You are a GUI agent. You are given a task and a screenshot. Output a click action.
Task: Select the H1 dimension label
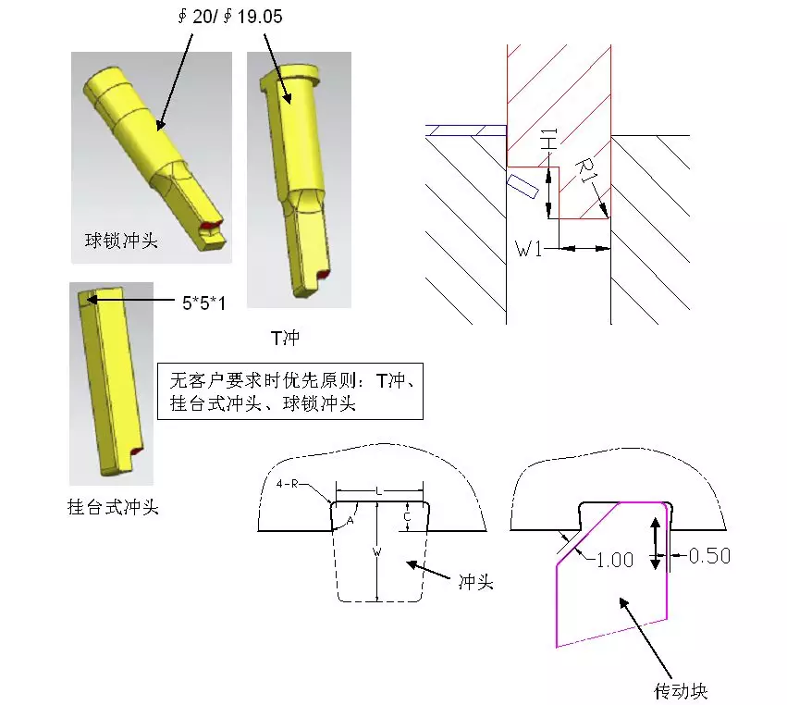pos(547,142)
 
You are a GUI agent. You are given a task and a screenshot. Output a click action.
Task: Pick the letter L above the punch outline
pos(379,489)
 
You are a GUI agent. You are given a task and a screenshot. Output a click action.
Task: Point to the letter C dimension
pos(408,517)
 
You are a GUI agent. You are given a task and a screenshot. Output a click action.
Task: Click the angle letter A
pos(350,520)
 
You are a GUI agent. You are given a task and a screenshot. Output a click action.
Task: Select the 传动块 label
pos(681,690)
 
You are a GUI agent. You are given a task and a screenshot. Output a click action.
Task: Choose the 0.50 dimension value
pos(709,555)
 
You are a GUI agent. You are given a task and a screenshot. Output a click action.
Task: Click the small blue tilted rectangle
pos(523,184)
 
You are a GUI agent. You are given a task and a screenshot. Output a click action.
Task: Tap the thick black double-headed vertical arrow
pos(656,537)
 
